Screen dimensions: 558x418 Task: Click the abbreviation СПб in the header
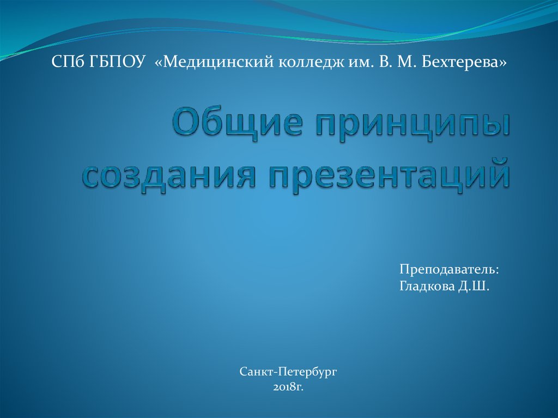pos(67,62)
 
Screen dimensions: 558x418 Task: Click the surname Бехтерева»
pos(464,62)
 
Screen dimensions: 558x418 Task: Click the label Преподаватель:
pos(449,270)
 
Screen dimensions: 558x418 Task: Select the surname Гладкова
pos(426,287)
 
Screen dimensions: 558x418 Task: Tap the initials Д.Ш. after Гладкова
pos(474,287)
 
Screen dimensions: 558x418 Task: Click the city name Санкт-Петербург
pos(288,372)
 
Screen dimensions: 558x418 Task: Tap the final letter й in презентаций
pos(497,172)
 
